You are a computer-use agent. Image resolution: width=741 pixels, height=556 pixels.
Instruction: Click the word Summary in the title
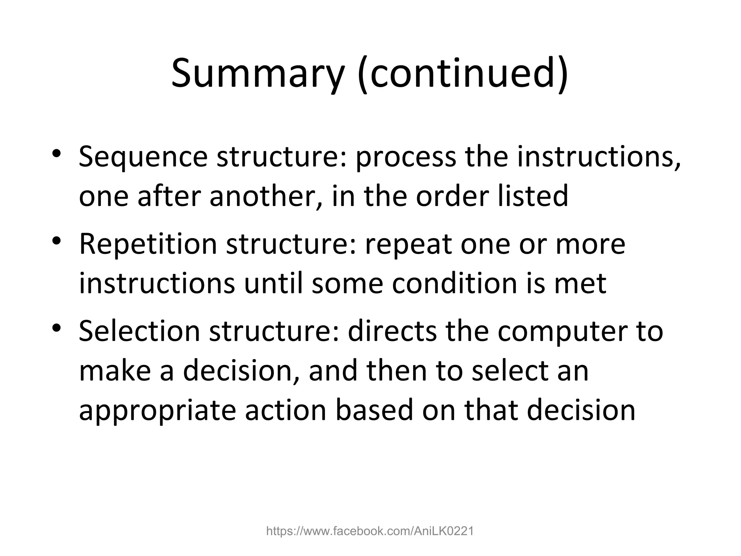point(257,74)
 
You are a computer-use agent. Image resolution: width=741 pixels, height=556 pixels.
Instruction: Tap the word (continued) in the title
point(463,74)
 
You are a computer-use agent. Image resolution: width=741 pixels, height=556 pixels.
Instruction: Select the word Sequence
point(143,157)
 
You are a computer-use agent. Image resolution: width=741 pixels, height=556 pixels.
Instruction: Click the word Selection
point(139,331)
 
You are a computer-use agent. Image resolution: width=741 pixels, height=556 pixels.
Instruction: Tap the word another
point(266,196)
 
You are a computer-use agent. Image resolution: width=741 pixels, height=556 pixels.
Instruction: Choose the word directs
point(392,331)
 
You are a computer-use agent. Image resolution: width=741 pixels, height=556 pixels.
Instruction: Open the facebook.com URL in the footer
point(370,531)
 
